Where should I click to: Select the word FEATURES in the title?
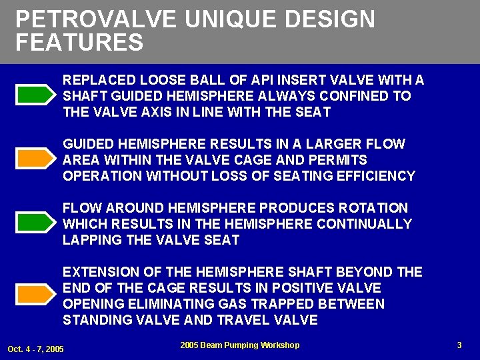coord(79,43)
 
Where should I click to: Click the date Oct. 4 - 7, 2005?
coord(35,349)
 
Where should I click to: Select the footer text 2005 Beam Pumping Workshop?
coord(239,345)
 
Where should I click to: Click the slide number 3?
coord(459,345)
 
